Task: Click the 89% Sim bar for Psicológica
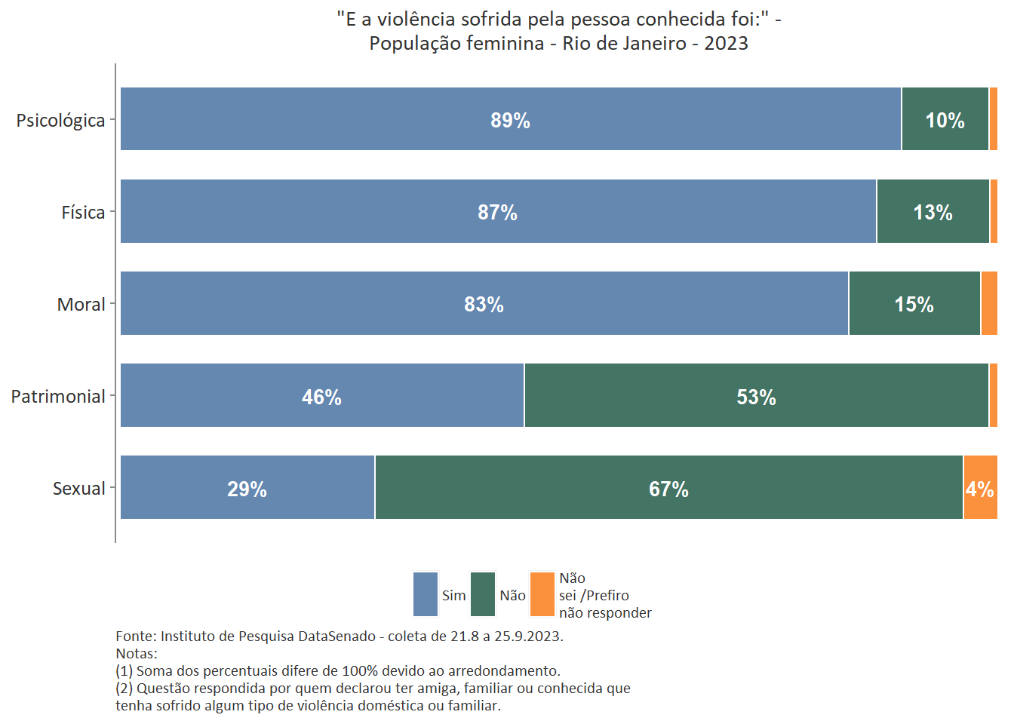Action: (510, 119)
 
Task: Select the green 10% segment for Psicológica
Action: (945, 119)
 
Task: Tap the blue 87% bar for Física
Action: (498, 211)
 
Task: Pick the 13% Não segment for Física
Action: (933, 211)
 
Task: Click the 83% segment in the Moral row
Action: (484, 303)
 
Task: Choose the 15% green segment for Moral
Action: (914, 303)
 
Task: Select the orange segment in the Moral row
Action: (989, 303)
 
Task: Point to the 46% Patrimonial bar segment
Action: (322, 395)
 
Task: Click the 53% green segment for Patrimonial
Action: (756, 395)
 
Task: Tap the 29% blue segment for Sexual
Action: (247, 487)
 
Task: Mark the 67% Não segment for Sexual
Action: (668, 487)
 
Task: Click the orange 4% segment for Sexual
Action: (980, 487)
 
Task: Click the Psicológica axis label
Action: (60, 121)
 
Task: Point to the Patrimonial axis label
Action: (58, 397)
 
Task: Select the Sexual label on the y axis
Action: (78, 489)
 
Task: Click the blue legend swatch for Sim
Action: (426, 594)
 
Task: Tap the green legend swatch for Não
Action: (483, 594)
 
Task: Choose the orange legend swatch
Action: (542, 594)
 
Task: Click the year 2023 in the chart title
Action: (726, 43)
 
